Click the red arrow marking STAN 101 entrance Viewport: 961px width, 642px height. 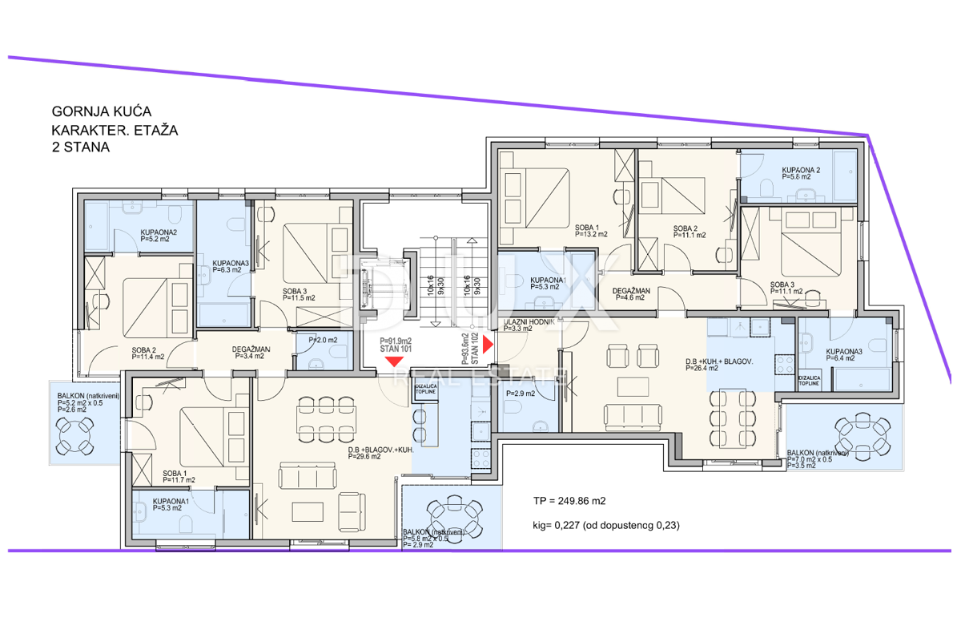click(x=394, y=361)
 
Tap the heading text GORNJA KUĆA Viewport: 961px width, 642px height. click(x=101, y=111)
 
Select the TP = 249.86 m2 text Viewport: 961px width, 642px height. click(x=569, y=501)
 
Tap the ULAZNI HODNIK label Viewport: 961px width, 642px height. click(x=529, y=325)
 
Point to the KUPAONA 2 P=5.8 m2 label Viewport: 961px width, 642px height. click(x=801, y=173)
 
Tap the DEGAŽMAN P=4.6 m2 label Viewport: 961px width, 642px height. click(x=632, y=293)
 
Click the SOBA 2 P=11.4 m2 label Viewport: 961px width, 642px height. click(x=148, y=353)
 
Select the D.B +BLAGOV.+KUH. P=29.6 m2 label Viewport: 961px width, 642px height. click(x=380, y=453)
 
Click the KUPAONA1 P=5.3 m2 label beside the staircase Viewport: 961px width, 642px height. click(x=549, y=284)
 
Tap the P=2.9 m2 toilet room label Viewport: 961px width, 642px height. click(x=520, y=394)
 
